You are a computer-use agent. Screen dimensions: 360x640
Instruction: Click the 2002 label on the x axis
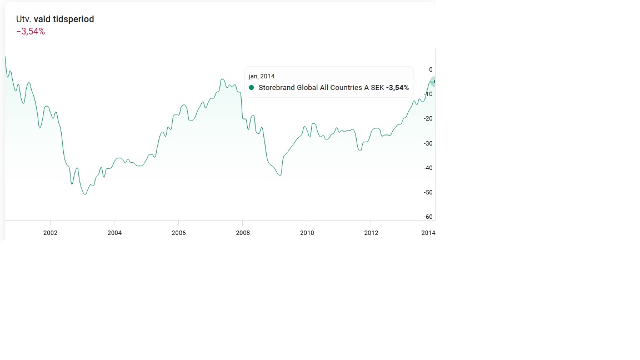[x=50, y=233]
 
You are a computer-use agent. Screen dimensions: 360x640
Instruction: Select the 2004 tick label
[x=114, y=233]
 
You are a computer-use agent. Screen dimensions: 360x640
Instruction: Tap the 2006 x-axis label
[x=178, y=233]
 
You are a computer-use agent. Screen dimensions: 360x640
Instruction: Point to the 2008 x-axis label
[x=243, y=233]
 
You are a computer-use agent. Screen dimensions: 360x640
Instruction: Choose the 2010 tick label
[x=307, y=233]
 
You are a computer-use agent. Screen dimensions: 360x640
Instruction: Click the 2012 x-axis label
[x=371, y=233]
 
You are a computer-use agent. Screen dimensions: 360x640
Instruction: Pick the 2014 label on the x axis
[x=428, y=233]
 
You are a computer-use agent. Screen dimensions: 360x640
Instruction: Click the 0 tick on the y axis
[x=431, y=69]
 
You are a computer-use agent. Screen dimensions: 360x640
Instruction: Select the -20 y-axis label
[x=428, y=118]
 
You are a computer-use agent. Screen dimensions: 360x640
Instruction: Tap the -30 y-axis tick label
[x=428, y=143]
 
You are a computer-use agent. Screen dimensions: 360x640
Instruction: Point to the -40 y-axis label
[x=428, y=168]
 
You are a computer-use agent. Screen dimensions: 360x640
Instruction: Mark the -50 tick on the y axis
[x=428, y=192]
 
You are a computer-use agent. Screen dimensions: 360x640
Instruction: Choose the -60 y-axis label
[x=428, y=217]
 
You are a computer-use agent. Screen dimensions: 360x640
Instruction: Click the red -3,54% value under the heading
[x=31, y=32]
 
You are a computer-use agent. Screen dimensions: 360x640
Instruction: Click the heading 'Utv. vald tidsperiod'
[x=55, y=19]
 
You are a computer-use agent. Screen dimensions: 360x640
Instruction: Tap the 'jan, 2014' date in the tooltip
[x=261, y=76]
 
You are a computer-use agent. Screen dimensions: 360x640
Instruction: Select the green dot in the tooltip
[x=252, y=88]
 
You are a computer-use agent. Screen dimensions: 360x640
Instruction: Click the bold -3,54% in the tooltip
[x=397, y=88]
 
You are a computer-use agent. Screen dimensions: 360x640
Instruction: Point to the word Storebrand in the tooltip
[x=276, y=88]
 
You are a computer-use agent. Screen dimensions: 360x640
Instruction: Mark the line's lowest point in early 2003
[x=85, y=194]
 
